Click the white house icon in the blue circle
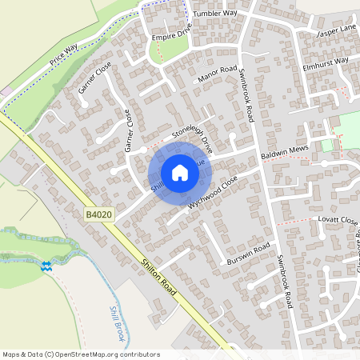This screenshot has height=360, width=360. pos(180,173)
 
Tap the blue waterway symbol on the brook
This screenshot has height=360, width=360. pos(47,266)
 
